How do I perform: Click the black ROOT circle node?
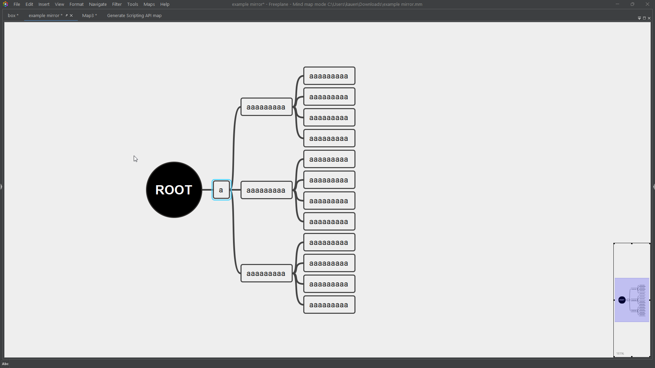coord(174,190)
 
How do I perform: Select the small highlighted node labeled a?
coord(221,190)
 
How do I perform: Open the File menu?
coord(17,4)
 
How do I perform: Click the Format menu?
coord(76,4)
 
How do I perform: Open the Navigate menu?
coord(98,4)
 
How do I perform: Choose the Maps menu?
coord(149,4)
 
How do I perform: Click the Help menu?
coord(165,4)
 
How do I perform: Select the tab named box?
coord(12,16)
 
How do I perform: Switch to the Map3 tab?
coord(88,16)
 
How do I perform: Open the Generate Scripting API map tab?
coord(134,16)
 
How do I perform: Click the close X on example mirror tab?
coord(71,16)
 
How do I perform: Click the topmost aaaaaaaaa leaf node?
coord(329,76)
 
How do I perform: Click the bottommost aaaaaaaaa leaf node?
coord(329,305)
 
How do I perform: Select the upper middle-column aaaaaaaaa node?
coord(266,107)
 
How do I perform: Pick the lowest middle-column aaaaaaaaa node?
coord(266,273)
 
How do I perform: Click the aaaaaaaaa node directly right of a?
coord(266,190)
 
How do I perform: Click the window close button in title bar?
coord(647,4)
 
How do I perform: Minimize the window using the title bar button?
coord(617,4)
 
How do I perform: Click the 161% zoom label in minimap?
coord(620,354)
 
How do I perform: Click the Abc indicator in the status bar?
coord(5,364)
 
